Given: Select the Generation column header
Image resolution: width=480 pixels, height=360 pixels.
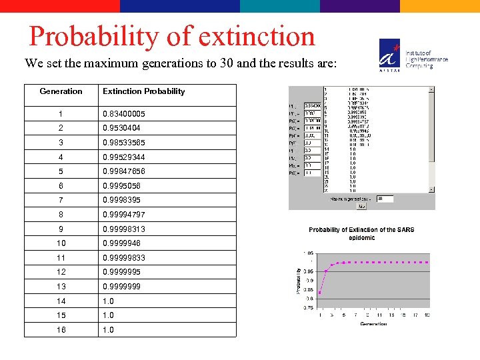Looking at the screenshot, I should click(61, 91).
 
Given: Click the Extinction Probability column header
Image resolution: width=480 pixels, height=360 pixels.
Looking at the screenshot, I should click(143, 91).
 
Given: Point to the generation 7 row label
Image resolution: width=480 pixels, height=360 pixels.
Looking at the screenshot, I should click(61, 200).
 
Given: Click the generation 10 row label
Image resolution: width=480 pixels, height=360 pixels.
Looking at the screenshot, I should click(61, 243).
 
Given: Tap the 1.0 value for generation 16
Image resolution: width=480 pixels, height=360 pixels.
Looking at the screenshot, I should click(108, 329).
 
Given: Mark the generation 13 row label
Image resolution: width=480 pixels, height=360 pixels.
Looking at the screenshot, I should click(61, 286).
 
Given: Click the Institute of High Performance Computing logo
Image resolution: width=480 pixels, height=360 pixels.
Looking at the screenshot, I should click(413, 53).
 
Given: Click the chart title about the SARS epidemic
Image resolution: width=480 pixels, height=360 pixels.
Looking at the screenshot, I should click(361, 233).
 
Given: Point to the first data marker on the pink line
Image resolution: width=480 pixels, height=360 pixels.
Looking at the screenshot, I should click(319, 292).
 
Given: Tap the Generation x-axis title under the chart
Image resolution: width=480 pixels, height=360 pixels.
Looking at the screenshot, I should click(373, 324).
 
